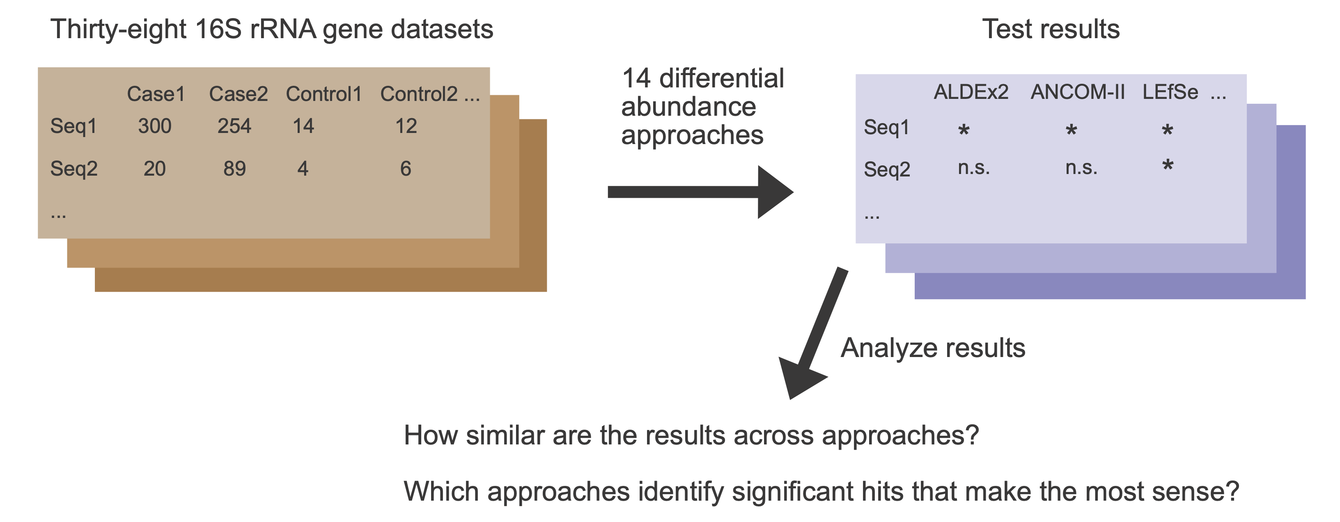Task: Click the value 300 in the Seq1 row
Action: point(154,126)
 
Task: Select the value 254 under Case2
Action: point(234,126)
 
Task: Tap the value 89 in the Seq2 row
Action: point(234,169)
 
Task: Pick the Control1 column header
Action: point(324,94)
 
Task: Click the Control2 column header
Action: point(419,94)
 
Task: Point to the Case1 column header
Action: point(156,94)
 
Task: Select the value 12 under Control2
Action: point(406,126)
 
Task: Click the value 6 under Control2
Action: point(406,169)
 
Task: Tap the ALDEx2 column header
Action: point(971,92)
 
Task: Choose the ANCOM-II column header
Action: point(1077,92)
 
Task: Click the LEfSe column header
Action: point(1170,92)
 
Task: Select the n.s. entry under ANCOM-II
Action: point(1081,167)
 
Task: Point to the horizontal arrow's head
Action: point(775,192)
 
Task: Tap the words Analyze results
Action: point(933,348)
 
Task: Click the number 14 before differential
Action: point(636,78)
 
